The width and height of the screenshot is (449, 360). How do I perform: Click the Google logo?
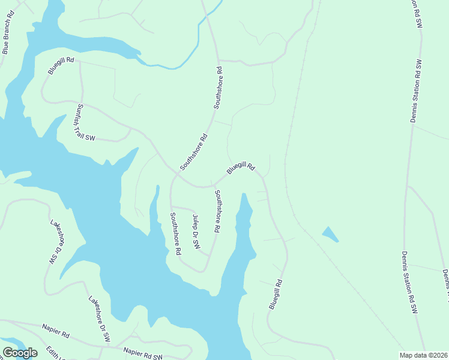coord(20,352)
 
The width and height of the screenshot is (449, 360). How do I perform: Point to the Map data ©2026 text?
coord(423,355)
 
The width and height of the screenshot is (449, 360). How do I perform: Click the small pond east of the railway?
coord(330,234)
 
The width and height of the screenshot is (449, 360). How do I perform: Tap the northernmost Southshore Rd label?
coord(218,88)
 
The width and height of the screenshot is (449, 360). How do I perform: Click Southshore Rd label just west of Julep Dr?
coord(175,234)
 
